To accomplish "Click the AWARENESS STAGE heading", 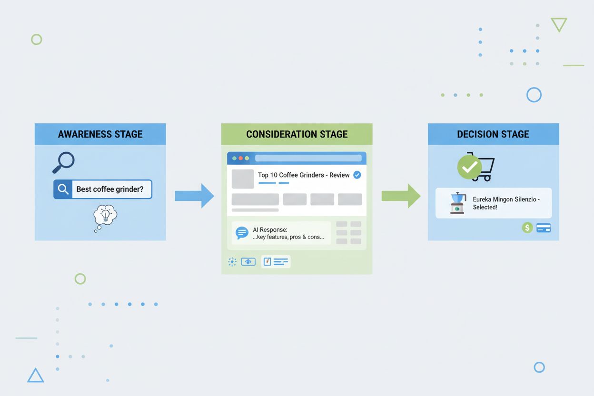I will [x=100, y=134].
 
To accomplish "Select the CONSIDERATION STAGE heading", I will [x=297, y=134].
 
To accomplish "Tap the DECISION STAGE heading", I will [x=493, y=134].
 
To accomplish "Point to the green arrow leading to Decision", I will [x=401, y=196].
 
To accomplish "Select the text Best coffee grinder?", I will [x=110, y=189].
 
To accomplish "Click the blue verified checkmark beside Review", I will [x=357, y=175].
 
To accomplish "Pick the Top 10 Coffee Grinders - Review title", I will [x=304, y=175].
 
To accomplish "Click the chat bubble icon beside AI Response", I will [x=242, y=233].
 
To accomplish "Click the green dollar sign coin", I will [x=527, y=228].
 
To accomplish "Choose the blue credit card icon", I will [x=544, y=228].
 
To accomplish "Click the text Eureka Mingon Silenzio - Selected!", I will [x=506, y=203].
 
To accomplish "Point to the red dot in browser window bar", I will [x=240, y=158].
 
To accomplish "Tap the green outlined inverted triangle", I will [x=559, y=24].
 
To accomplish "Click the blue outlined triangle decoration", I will [x=36, y=376].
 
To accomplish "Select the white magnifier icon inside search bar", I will [x=63, y=189].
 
